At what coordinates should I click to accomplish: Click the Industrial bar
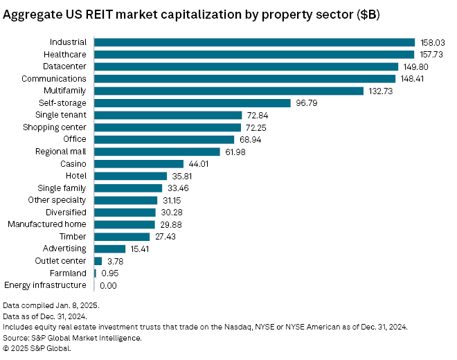tap(254, 42)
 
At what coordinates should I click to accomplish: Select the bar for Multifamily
tap(228, 91)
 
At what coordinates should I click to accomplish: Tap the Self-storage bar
tap(192, 103)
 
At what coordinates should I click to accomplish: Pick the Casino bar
tap(138, 163)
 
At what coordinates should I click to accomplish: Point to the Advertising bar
tap(109, 249)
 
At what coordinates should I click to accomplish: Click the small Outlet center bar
tap(98, 261)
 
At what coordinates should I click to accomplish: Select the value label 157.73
tap(431, 55)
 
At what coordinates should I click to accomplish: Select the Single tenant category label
tap(61, 115)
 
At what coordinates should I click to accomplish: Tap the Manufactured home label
tap(47, 224)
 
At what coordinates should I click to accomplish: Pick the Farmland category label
tap(68, 273)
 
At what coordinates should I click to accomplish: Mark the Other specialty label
tap(57, 200)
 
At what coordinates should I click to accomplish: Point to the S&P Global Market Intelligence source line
tap(73, 338)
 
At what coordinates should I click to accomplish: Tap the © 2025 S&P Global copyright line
tap(37, 348)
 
